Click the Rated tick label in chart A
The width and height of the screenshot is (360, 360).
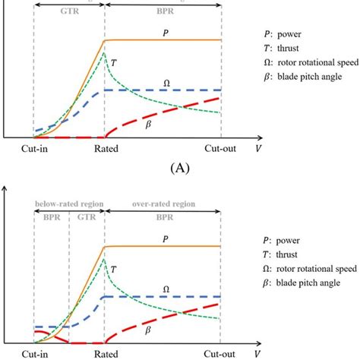coord(104,149)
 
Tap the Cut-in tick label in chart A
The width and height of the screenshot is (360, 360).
coord(34,149)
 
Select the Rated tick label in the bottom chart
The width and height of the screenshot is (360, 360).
coord(104,355)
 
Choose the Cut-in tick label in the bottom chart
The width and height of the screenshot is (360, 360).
coord(34,355)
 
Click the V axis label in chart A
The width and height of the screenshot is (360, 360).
coord(258,149)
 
